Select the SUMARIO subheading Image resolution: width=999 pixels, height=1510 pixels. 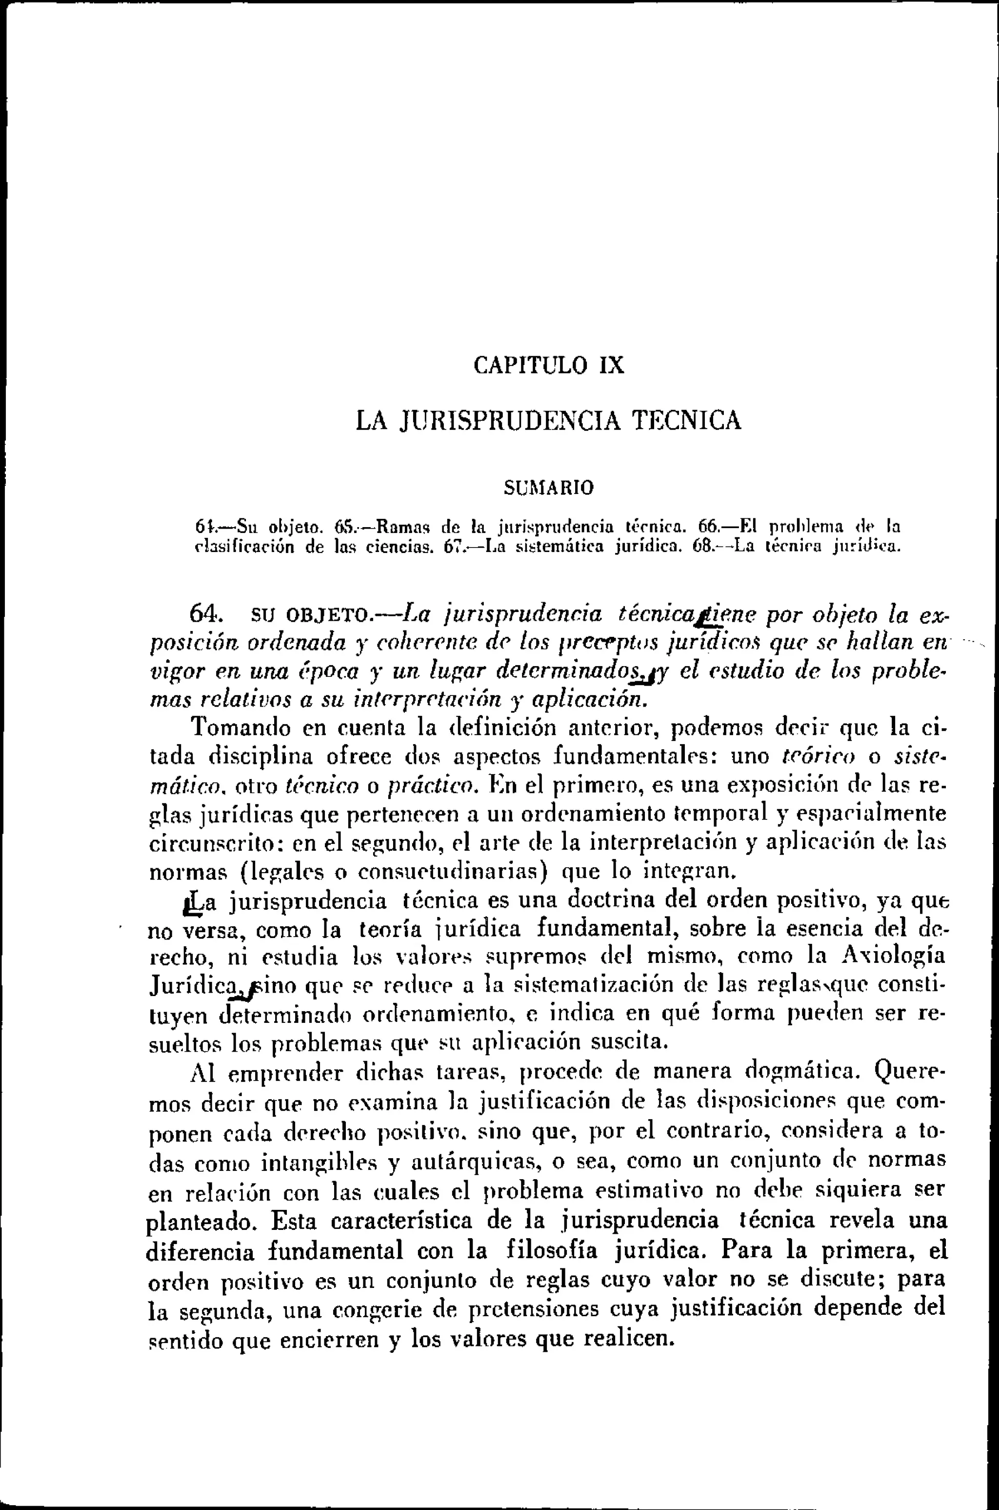point(549,488)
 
